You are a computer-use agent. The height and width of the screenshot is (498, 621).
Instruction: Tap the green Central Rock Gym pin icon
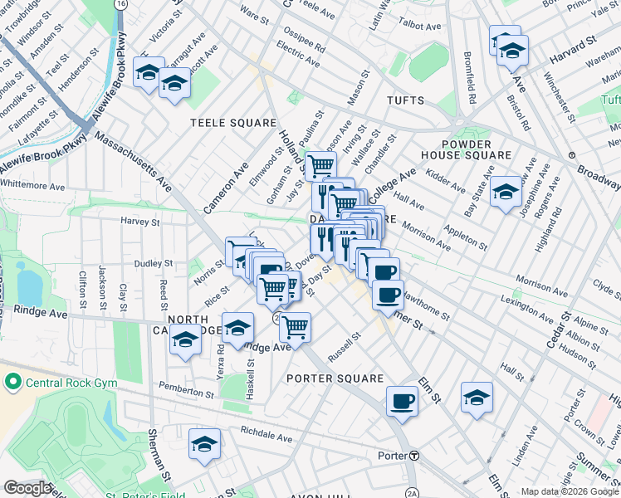[12, 383]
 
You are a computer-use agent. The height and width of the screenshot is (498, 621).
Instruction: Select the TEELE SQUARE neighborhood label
[233, 123]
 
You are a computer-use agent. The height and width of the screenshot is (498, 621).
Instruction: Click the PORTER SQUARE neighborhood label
[335, 378]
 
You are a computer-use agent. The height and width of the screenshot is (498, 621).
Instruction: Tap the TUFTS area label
[405, 100]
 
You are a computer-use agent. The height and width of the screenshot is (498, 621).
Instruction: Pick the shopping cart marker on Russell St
[295, 329]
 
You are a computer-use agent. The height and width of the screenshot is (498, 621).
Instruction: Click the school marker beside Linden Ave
[477, 399]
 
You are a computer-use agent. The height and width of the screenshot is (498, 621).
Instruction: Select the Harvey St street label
[139, 222]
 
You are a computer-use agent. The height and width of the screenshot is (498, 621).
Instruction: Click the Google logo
[28, 488]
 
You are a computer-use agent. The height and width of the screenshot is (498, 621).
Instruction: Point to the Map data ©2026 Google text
[570, 491]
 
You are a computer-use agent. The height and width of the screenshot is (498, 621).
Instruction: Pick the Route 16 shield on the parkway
[122, 5]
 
